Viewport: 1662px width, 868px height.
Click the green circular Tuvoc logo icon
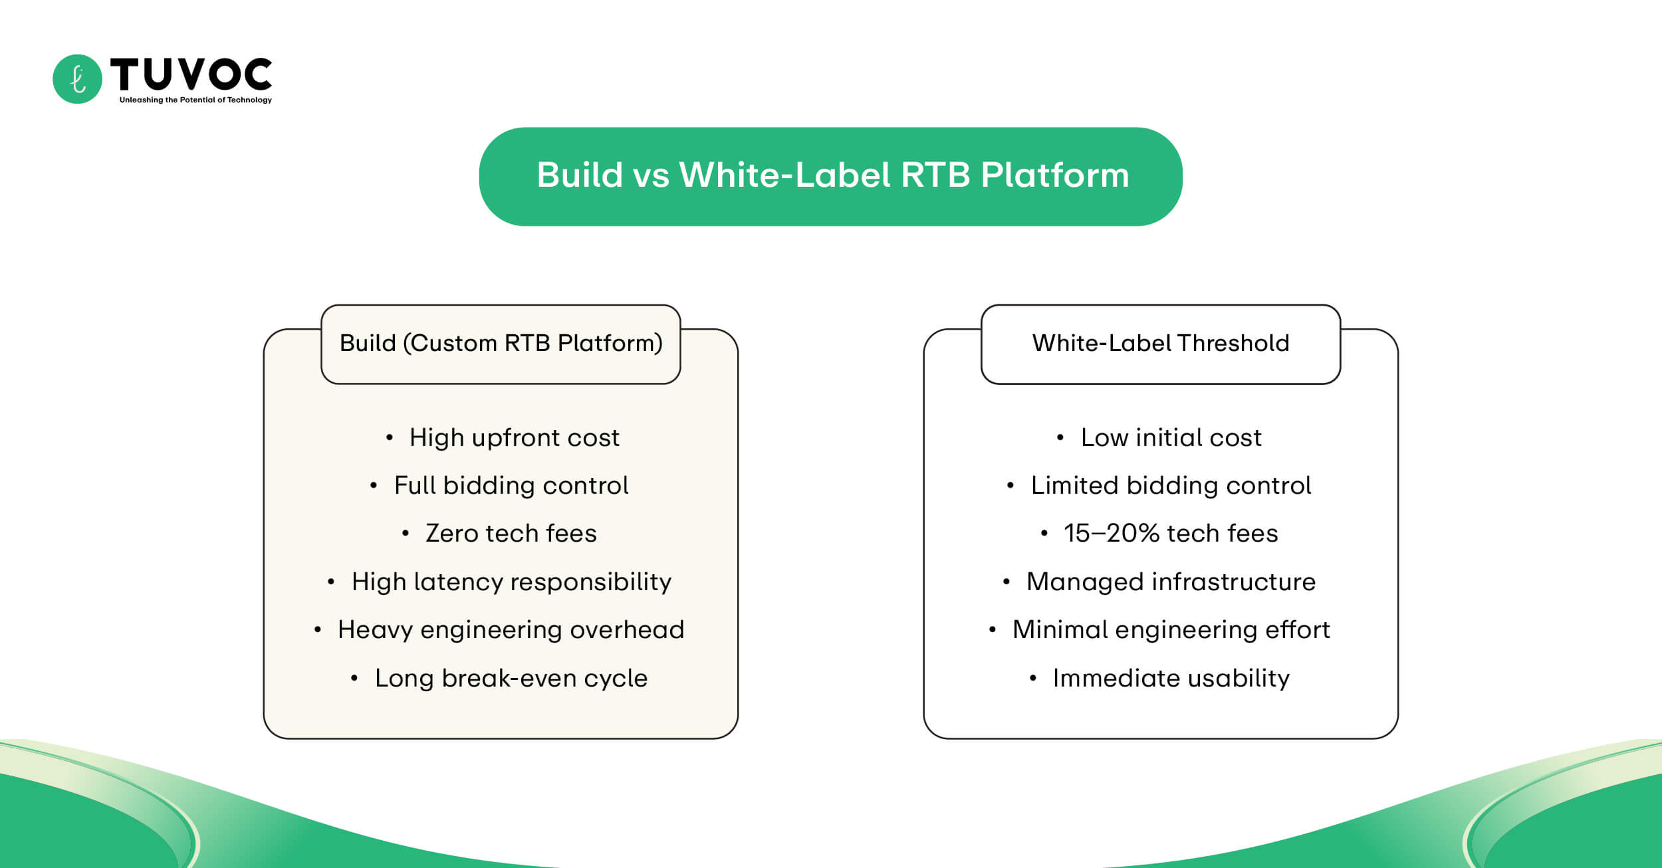click(x=77, y=79)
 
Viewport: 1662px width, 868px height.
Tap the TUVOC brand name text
click(x=191, y=74)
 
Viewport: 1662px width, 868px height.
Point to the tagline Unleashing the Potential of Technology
click(x=195, y=100)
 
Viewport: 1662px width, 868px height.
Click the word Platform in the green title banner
click(x=1054, y=175)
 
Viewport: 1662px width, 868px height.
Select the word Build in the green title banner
click(x=579, y=175)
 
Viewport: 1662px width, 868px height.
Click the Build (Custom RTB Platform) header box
click(x=501, y=344)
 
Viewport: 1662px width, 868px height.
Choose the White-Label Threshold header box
click(x=1160, y=344)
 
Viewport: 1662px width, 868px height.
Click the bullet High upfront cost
click(x=514, y=438)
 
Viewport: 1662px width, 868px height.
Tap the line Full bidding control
click(x=511, y=486)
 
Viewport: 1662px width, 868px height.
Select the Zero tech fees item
click(x=511, y=534)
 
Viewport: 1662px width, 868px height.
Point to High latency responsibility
click(x=511, y=582)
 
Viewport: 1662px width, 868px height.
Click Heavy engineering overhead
click(x=511, y=630)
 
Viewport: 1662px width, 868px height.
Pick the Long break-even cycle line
click(x=511, y=679)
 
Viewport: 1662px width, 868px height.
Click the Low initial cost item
click(x=1171, y=438)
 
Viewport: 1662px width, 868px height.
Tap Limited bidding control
click(x=1171, y=486)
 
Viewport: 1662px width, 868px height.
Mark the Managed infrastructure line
click(x=1171, y=582)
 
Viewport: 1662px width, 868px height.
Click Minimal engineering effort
click(x=1171, y=630)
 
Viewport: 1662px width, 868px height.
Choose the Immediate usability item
click(x=1171, y=679)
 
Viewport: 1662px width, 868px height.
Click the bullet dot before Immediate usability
click(x=1032, y=679)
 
